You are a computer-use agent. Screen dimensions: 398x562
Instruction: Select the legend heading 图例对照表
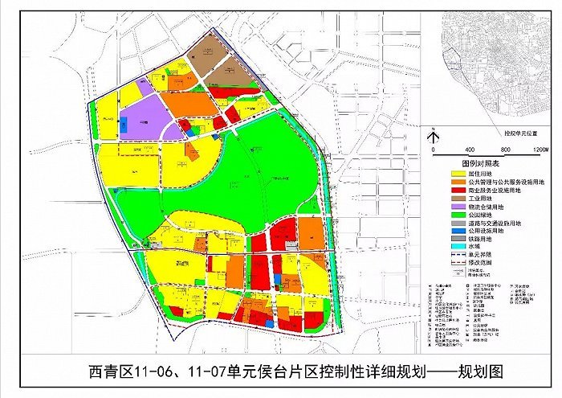tap(473, 163)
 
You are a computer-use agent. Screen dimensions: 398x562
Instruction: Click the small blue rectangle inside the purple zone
tap(124, 126)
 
